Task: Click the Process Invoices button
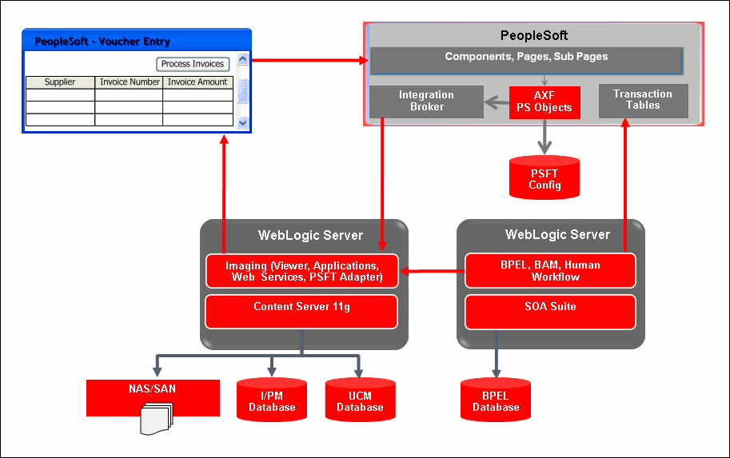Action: coord(193,64)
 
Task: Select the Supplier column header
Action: coord(60,82)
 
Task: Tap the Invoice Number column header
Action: coord(129,82)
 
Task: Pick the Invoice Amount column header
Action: coord(197,82)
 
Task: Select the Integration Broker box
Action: coord(426,101)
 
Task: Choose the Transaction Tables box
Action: coord(642,100)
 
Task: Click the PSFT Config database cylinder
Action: coord(545,178)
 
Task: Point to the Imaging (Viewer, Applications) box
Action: coord(301,271)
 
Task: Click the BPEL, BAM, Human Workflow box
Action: coord(549,271)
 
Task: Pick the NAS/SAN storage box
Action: coord(153,390)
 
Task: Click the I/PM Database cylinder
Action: coord(272,400)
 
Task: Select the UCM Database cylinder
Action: coord(360,400)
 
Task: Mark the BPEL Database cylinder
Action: coord(496,400)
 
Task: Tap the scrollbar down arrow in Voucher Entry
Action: coord(243,122)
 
